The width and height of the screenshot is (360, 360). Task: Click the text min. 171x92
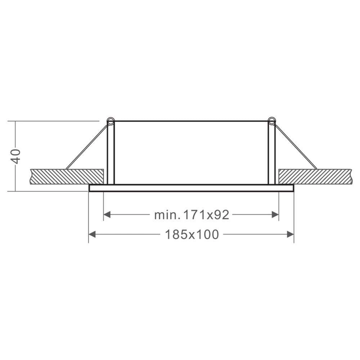point(192,215)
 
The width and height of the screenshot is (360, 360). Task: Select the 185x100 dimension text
point(192,235)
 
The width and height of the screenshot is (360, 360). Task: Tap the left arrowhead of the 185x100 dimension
point(92,235)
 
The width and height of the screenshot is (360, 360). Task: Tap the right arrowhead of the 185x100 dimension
point(290,235)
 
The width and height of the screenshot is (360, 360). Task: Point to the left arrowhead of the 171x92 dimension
point(107,215)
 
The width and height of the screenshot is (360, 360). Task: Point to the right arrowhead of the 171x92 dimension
point(275,215)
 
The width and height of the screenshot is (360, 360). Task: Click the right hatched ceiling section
point(315,176)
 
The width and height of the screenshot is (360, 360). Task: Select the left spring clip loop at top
point(111,121)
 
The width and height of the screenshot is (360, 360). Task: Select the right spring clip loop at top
point(271,121)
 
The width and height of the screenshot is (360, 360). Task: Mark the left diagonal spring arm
point(86,147)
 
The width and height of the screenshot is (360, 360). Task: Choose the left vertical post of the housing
point(111,155)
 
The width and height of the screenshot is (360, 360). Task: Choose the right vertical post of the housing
point(271,155)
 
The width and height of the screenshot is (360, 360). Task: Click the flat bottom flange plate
point(191,188)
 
